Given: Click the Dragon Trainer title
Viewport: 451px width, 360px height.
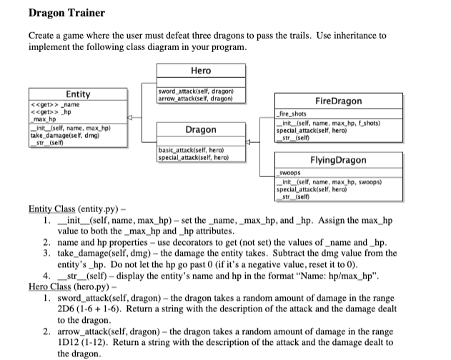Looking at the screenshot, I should tap(56, 13).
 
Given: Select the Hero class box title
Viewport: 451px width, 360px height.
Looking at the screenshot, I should tap(201, 71).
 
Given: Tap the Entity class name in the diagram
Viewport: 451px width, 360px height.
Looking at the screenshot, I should tap(78, 94).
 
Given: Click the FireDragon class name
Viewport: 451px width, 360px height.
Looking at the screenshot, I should tap(342, 101).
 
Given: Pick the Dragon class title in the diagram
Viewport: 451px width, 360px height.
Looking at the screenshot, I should tap(201, 130).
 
